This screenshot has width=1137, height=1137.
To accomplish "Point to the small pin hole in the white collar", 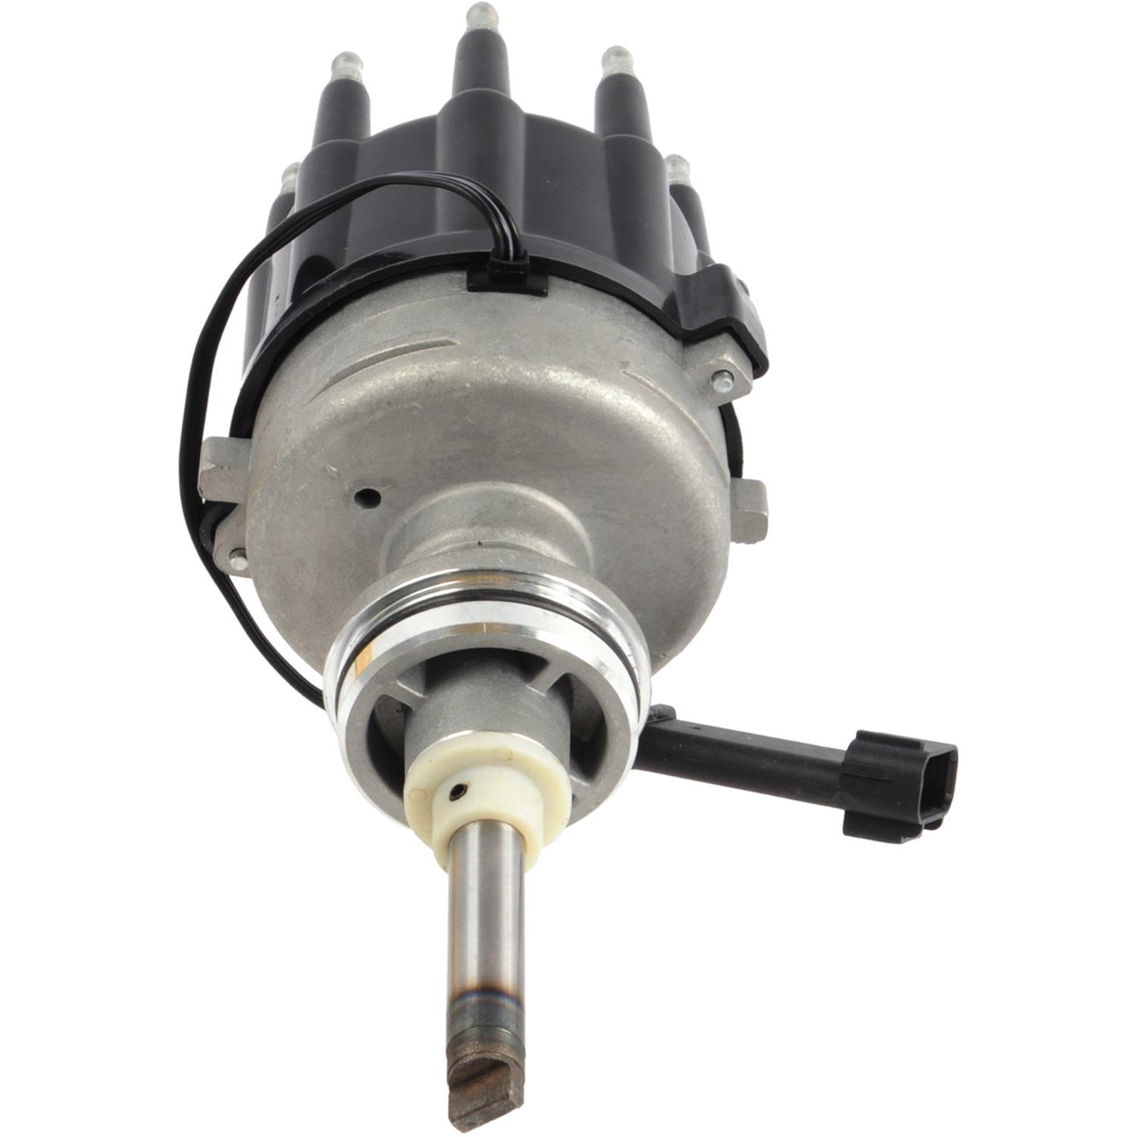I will (456, 792).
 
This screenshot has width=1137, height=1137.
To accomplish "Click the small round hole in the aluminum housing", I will (369, 497).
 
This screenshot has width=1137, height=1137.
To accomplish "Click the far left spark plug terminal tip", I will (288, 177).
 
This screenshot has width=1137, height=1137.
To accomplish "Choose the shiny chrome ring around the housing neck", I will (485, 629).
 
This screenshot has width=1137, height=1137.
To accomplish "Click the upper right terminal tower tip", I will (615, 58).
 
